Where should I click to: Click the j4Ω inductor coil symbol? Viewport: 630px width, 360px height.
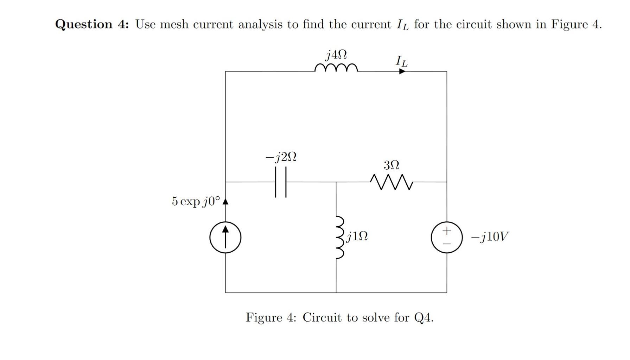coord(336,68)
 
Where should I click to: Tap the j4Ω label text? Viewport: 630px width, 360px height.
coord(336,55)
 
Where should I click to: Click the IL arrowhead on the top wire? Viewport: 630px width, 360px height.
coord(402,71)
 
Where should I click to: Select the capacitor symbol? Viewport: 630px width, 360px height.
coord(281,182)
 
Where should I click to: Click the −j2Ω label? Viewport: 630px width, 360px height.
coord(281,157)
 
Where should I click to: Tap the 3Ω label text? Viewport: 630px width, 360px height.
coord(391,165)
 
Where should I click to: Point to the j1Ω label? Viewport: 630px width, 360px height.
coord(357,236)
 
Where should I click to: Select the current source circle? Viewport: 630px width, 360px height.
coord(225,238)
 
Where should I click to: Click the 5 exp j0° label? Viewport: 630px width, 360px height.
coord(196,201)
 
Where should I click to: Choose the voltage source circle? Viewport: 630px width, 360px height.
coord(447,238)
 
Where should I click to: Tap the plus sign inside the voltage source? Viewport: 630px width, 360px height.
coord(446,231)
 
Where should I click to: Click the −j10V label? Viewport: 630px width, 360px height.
coord(490,237)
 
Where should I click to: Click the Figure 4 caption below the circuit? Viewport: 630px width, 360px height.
coord(339,317)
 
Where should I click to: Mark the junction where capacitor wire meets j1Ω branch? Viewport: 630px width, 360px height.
coord(336,182)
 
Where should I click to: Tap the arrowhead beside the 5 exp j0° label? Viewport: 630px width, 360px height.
coord(225,201)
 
